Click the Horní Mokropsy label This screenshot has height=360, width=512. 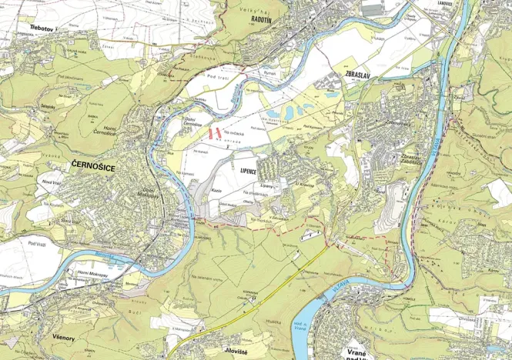click(92, 272)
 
